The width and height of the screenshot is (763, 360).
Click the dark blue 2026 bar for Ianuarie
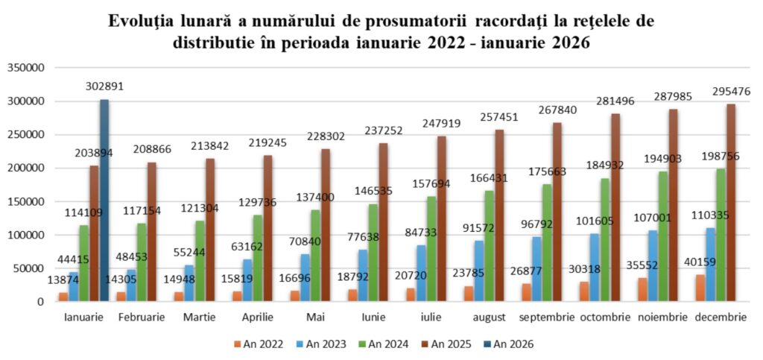104,200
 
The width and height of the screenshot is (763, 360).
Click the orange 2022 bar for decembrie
700,288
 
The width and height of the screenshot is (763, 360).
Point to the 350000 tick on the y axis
28,67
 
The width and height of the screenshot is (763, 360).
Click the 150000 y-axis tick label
28,201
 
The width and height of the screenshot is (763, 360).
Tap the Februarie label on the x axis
142,318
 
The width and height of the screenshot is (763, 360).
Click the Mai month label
315,318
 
